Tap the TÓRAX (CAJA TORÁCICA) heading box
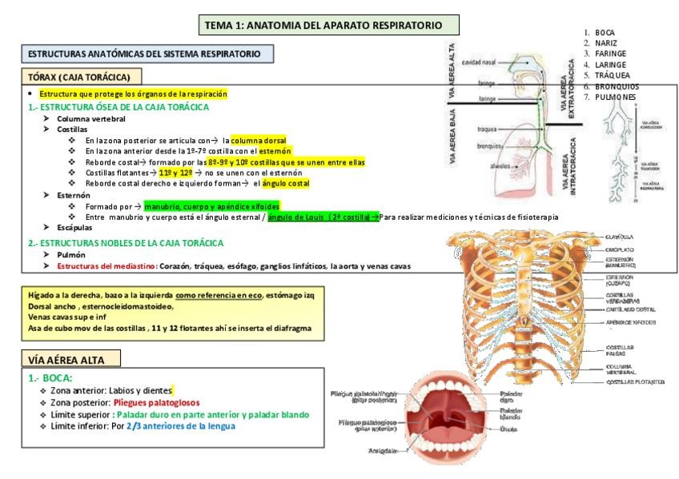tap(80, 77)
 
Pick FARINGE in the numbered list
tap(610, 54)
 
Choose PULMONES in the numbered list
tap(615, 97)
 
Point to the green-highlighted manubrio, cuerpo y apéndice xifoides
tap(212, 206)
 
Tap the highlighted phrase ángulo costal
tap(286, 183)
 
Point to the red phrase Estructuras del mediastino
tap(106, 265)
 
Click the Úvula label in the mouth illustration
tap(508, 429)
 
